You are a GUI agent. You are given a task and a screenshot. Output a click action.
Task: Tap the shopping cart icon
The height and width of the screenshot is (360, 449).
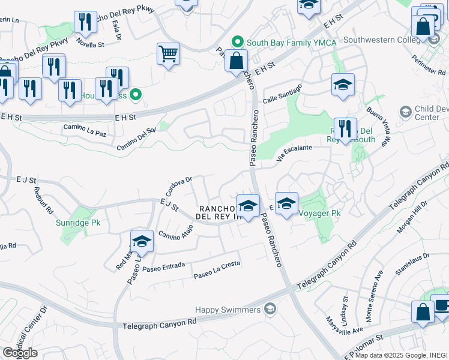(169, 53)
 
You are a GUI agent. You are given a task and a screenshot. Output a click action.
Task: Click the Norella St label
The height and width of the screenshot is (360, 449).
(90, 44)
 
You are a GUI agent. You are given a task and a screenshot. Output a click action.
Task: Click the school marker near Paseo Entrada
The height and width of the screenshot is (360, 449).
(142, 241)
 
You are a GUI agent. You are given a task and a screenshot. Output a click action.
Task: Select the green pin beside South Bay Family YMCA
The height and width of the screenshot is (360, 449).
(238, 42)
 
